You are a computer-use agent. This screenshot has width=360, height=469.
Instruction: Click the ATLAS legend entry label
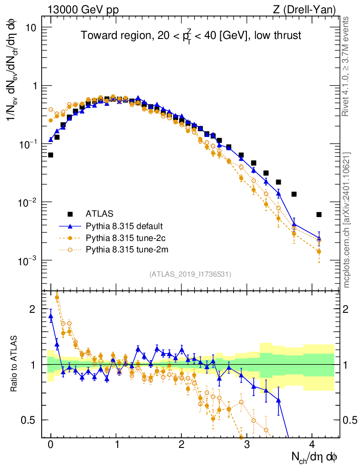point(99,213)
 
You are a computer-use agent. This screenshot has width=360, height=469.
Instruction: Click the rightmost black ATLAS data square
point(319,214)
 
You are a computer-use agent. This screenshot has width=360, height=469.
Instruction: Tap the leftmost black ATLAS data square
point(50,155)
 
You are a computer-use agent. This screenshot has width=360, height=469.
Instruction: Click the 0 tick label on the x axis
point(50,444)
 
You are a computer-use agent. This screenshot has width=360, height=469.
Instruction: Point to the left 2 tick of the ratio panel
point(33,309)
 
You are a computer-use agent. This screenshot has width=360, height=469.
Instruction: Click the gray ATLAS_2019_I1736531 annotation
point(190,274)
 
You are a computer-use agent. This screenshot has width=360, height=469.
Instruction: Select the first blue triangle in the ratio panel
point(50,316)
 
